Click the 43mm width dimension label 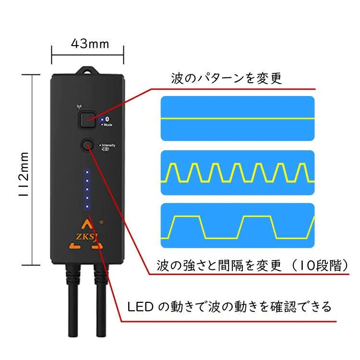[90, 44]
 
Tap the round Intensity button [87, 145]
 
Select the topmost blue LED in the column [87, 171]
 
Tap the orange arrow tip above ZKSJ [86, 223]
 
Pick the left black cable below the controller [74, 302]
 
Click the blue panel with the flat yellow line [237, 118]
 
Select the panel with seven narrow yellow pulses [237, 173]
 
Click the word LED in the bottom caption [140, 306]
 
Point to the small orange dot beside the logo [102, 223]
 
